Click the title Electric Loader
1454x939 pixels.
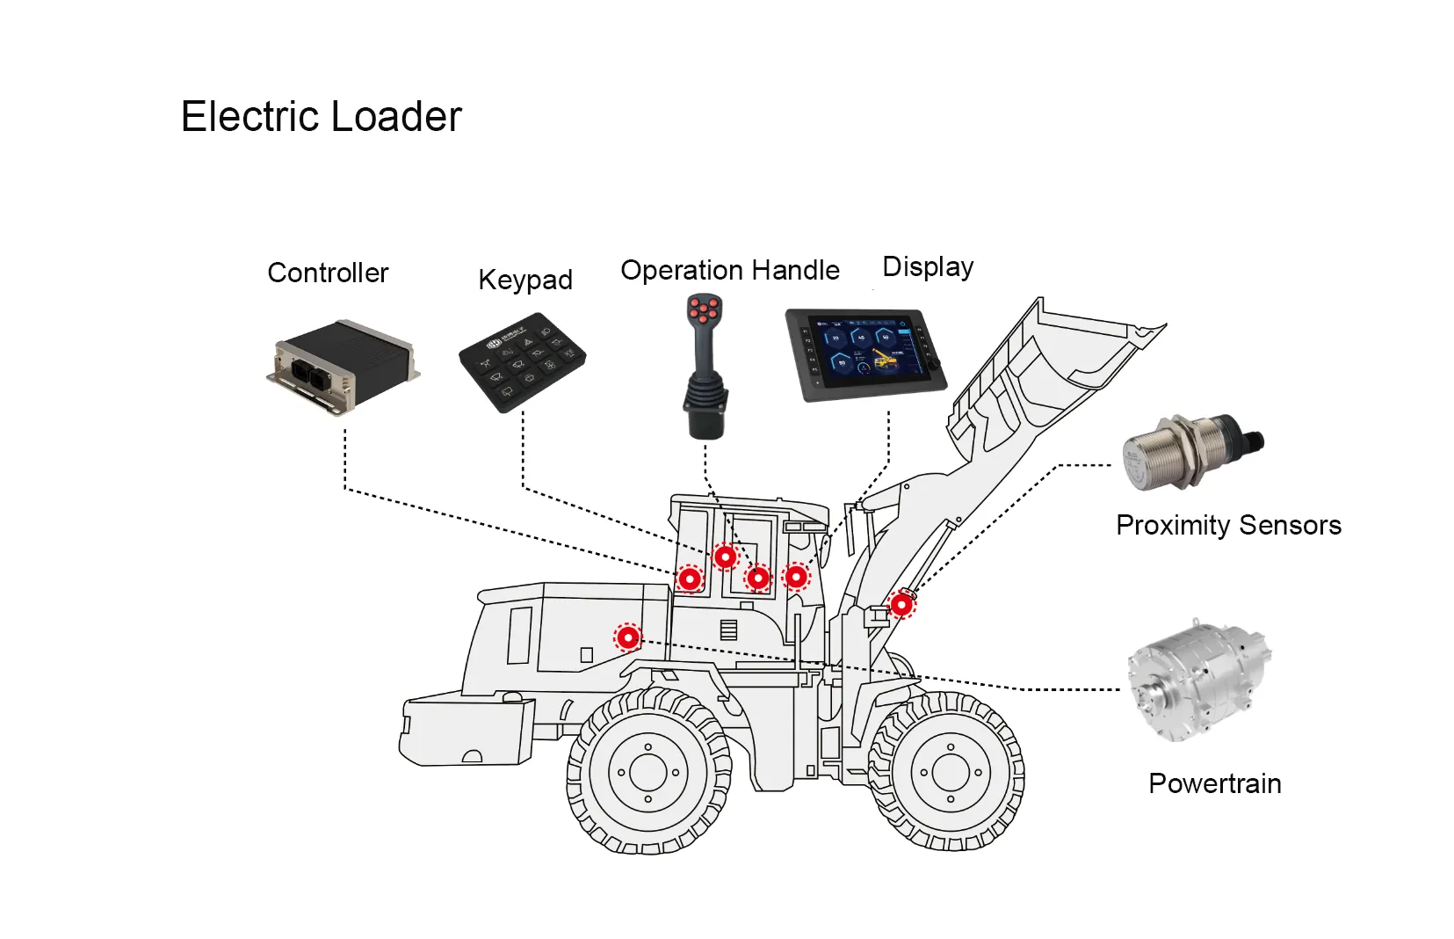click(x=321, y=116)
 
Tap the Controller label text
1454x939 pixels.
click(x=328, y=273)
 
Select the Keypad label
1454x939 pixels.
click(x=524, y=280)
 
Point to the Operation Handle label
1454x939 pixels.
click(x=729, y=270)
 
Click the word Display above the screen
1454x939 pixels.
click(x=928, y=266)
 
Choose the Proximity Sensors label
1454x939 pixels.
click(x=1228, y=525)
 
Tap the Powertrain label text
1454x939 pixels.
click(x=1214, y=783)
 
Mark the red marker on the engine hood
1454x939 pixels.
click(x=628, y=637)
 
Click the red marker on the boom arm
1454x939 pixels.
click(x=901, y=605)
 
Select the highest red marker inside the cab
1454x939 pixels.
click(x=725, y=557)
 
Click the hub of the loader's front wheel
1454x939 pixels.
click(x=950, y=773)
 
